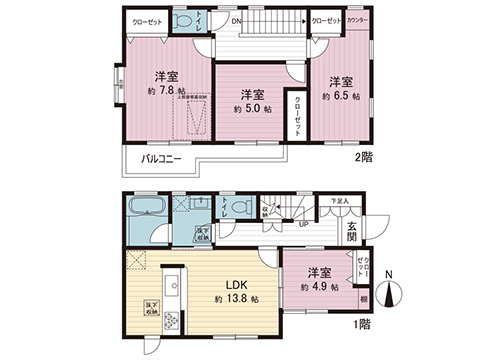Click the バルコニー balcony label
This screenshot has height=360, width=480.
pyautogui.click(x=160, y=158)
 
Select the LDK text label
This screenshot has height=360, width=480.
pyautogui.click(x=231, y=281)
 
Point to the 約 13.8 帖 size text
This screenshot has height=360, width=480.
pyautogui.click(x=233, y=299)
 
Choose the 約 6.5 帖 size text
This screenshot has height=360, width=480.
pyautogui.click(x=342, y=96)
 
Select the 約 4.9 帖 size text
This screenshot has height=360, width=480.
pyautogui.click(x=317, y=287)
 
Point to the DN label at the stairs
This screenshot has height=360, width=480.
pyautogui.click(x=235, y=20)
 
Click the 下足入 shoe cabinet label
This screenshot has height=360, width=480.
pyautogui.click(x=340, y=201)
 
